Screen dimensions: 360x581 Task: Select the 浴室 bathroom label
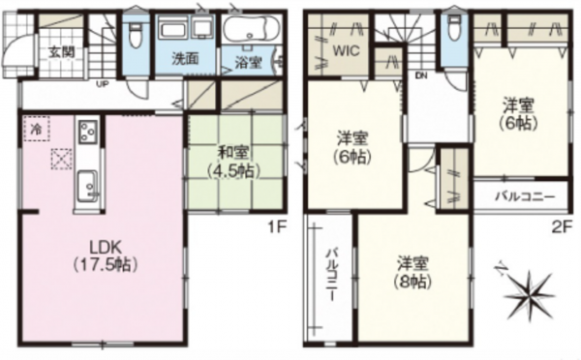(247, 63)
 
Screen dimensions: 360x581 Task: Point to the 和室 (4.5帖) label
(234, 159)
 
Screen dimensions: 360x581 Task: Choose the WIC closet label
(346, 50)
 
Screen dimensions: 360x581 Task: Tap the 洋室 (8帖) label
(413, 272)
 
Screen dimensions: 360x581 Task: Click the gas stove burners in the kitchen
(86, 131)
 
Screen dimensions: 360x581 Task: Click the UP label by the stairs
(101, 84)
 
